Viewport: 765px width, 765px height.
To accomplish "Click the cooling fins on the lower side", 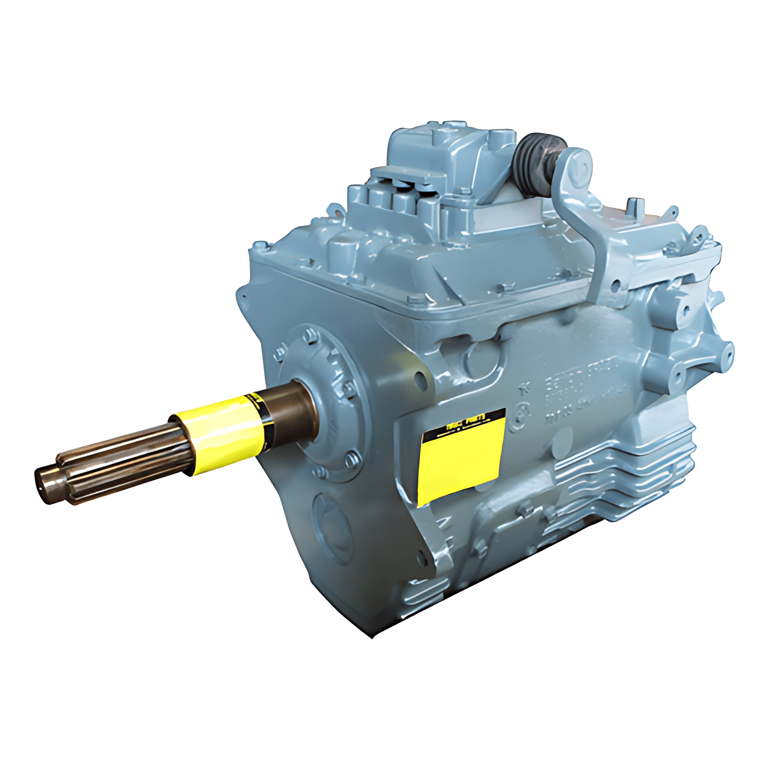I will pyautogui.click(x=624, y=478).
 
